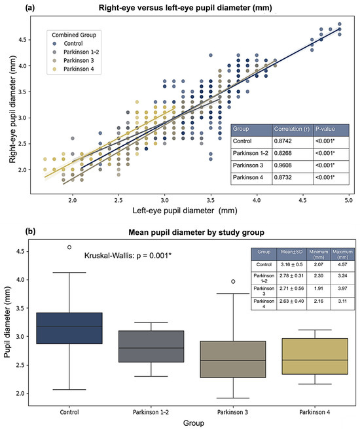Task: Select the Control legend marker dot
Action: coord(54,43)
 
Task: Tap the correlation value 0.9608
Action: coord(283,165)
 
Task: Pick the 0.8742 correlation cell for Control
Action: coord(283,141)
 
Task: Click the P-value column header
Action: coord(325,129)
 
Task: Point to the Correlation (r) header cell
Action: coord(292,129)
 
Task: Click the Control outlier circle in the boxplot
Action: coord(69,247)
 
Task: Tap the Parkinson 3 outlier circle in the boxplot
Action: coord(233,281)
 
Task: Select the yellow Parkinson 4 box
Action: coord(315,356)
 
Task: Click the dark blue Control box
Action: coord(69,328)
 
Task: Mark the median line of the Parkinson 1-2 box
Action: coord(151,348)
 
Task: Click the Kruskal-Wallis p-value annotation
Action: coord(128,256)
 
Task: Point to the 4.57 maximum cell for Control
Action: coord(342,264)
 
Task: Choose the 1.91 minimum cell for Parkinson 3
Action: coord(319,288)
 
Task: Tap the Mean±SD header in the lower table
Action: coord(291,252)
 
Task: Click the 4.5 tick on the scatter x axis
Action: coord(302,200)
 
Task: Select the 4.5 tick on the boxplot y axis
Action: coord(20,252)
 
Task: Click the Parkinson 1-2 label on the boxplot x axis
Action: coord(151,412)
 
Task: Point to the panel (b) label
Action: coord(30,232)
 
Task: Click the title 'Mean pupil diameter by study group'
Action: coord(196,233)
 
